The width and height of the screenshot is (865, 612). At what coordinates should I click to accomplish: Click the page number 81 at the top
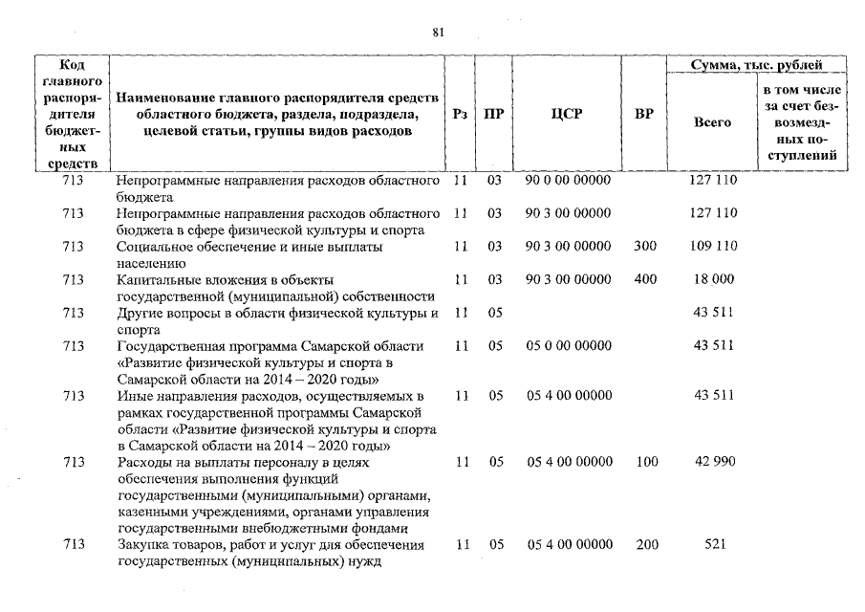(x=438, y=32)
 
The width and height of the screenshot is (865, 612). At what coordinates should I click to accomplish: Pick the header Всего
(x=712, y=122)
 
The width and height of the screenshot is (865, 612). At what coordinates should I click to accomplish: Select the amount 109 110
(x=712, y=246)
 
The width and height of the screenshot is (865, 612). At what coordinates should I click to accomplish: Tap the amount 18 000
(x=712, y=279)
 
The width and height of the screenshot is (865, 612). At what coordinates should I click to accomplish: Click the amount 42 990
(x=712, y=462)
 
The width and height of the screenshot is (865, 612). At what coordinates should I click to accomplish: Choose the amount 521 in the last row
(x=712, y=544)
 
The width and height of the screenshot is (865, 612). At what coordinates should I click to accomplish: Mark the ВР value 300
(x=645, y=246)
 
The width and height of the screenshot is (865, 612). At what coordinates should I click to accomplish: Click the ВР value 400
(x=645, y=279)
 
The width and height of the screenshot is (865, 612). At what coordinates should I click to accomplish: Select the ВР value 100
(x=646, y=462)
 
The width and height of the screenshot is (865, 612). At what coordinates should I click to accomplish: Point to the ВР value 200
(x=646, y=544)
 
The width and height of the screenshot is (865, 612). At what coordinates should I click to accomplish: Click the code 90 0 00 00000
(x=568, y=180)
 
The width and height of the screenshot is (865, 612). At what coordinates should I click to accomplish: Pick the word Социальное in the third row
(x=153, y=247)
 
